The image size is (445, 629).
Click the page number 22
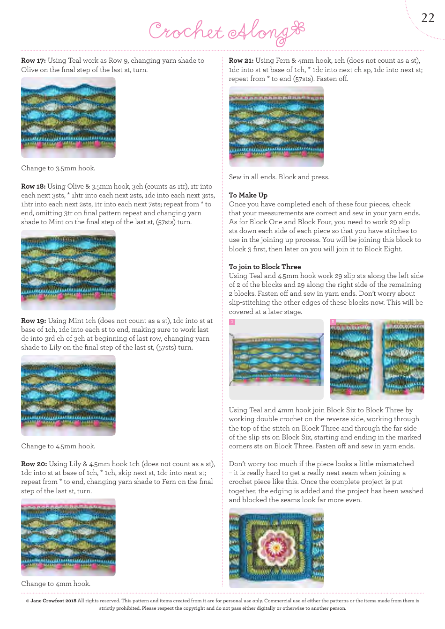coord(428,18)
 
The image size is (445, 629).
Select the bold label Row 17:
coord(33,61)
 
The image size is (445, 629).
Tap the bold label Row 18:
coord(33,186)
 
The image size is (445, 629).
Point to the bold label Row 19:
coord(34,321)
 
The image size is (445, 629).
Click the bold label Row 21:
coord(241,61)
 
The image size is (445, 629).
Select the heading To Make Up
coord(248,195)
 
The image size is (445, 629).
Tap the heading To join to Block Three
coord(265,267)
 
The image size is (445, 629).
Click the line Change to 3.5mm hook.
coord(58,168)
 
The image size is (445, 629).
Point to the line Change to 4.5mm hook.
coord(58,446)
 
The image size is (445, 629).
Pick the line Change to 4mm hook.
coord(56,584)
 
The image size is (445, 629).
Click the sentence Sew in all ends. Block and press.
coord(279,177)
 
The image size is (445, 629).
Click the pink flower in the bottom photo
coord(276,547)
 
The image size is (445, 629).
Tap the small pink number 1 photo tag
coord(232,322)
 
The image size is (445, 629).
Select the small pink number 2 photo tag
coord(333,322)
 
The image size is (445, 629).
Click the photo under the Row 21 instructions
coord(276,126)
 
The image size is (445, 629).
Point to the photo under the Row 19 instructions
coord(68,395)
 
